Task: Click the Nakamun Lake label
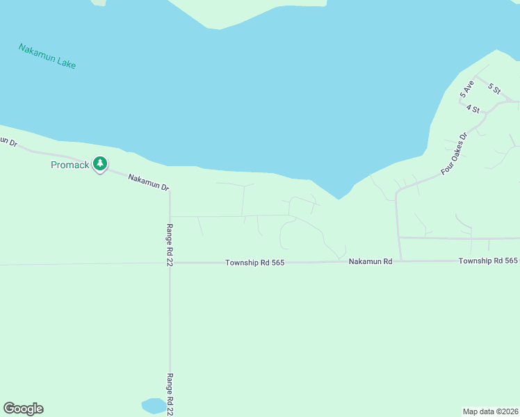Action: pos(47,56)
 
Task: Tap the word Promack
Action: pos(70,165)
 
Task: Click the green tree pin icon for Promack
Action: pos(100,164)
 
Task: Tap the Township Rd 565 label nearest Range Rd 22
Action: pos(255,263)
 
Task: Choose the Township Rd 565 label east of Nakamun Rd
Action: pos(488,261)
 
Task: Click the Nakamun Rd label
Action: pos(371,261)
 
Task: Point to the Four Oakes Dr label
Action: pos(455,153)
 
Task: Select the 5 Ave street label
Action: pos(466,88)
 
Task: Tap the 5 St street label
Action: pos(494,88)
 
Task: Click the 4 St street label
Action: pos(473,109)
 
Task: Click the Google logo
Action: pos(23,409)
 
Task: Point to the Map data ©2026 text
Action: pos(490,411)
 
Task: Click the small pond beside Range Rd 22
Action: pos(154,405)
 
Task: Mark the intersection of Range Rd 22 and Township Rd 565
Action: pos(170,263)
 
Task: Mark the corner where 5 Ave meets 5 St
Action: pos(476,76)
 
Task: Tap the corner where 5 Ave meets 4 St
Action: pos(460,103)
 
